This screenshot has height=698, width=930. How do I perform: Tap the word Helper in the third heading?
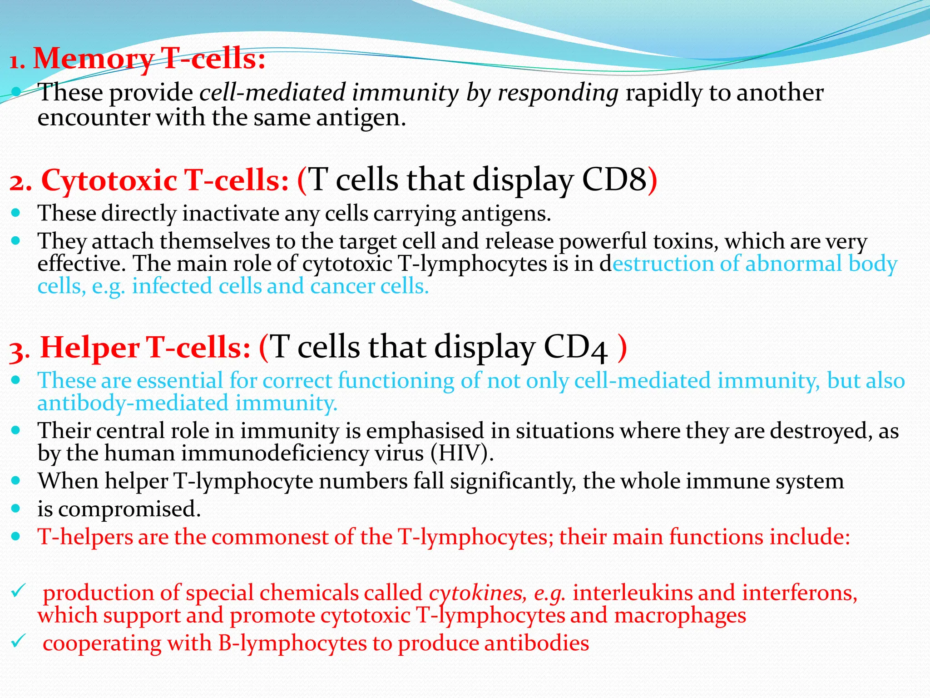click(90, 348)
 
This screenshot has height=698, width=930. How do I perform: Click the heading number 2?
click(19, 183)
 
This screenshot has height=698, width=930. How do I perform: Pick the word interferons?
click(799, 593)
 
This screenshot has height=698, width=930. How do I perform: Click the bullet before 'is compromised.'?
click(16, 509)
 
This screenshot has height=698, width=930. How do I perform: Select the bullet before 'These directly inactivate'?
click(16, 212)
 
